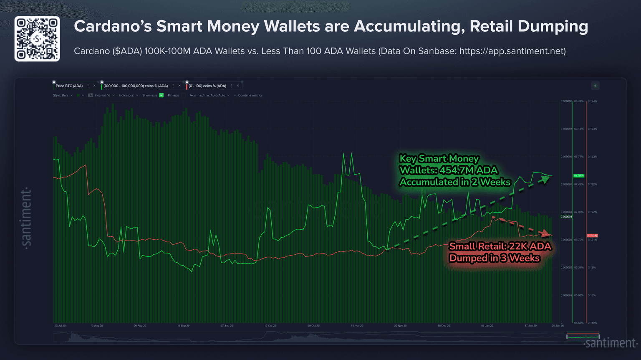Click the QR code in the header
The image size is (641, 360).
tap(37, 39)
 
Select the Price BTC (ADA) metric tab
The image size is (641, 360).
tap(69, 86)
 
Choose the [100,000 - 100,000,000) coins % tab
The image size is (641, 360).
tap(136, 86)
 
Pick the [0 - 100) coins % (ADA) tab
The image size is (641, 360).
tap(207, 86)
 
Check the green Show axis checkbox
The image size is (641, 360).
tap(162, 95)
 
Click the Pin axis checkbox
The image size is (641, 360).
tap(183, 95)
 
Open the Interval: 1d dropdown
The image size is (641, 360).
tap(103, 95)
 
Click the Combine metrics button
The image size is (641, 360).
tap(250, 95)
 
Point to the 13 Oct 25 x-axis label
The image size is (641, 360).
tap(270, 326)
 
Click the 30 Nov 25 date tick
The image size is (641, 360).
tap(400, 326)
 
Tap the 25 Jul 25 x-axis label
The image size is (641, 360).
tap(60, 326)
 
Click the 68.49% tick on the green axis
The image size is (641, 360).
tap(579, 101)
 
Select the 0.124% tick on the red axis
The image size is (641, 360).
tap(593, 101)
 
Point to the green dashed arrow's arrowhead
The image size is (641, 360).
tap(545, 179)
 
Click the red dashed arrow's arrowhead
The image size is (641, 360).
tap(545, 233)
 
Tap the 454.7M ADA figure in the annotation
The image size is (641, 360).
tap(469, 170)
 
